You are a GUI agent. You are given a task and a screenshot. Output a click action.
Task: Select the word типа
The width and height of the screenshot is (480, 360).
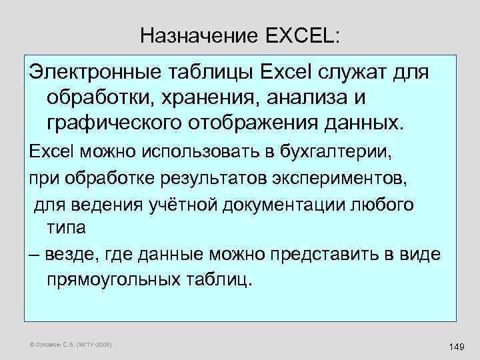[66, 228]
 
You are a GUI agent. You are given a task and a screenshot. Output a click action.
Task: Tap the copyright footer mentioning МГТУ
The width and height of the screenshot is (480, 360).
[71, 345]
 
